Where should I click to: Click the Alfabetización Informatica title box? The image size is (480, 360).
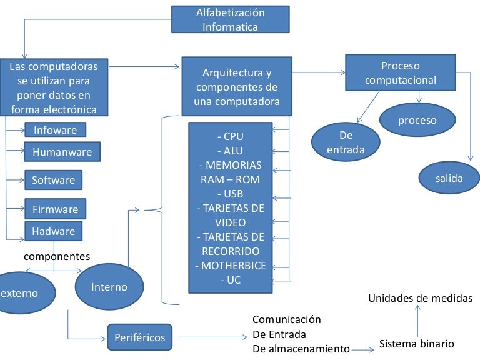click(230, 19)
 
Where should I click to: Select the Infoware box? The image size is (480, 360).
click(55, 130)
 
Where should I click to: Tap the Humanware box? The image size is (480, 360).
click(62, 151)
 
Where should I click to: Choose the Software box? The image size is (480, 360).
click(53, 180)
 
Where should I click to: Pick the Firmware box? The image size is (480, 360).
click(55, 209)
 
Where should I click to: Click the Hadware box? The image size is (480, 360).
click(53, 231)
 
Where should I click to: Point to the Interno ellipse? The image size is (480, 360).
click(109, 287)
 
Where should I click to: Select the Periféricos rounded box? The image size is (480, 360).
click(139, 337)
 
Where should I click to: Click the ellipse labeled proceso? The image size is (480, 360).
click(417, 120)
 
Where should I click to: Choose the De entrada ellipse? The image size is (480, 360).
click(346, 142)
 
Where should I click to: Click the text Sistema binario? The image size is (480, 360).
click(416, 344)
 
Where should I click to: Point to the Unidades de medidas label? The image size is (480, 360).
click(420, 298)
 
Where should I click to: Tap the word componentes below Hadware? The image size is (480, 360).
click(57, 256)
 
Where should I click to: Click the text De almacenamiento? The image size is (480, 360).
click(301, 348)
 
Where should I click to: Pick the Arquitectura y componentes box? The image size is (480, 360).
click(236, 87)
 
